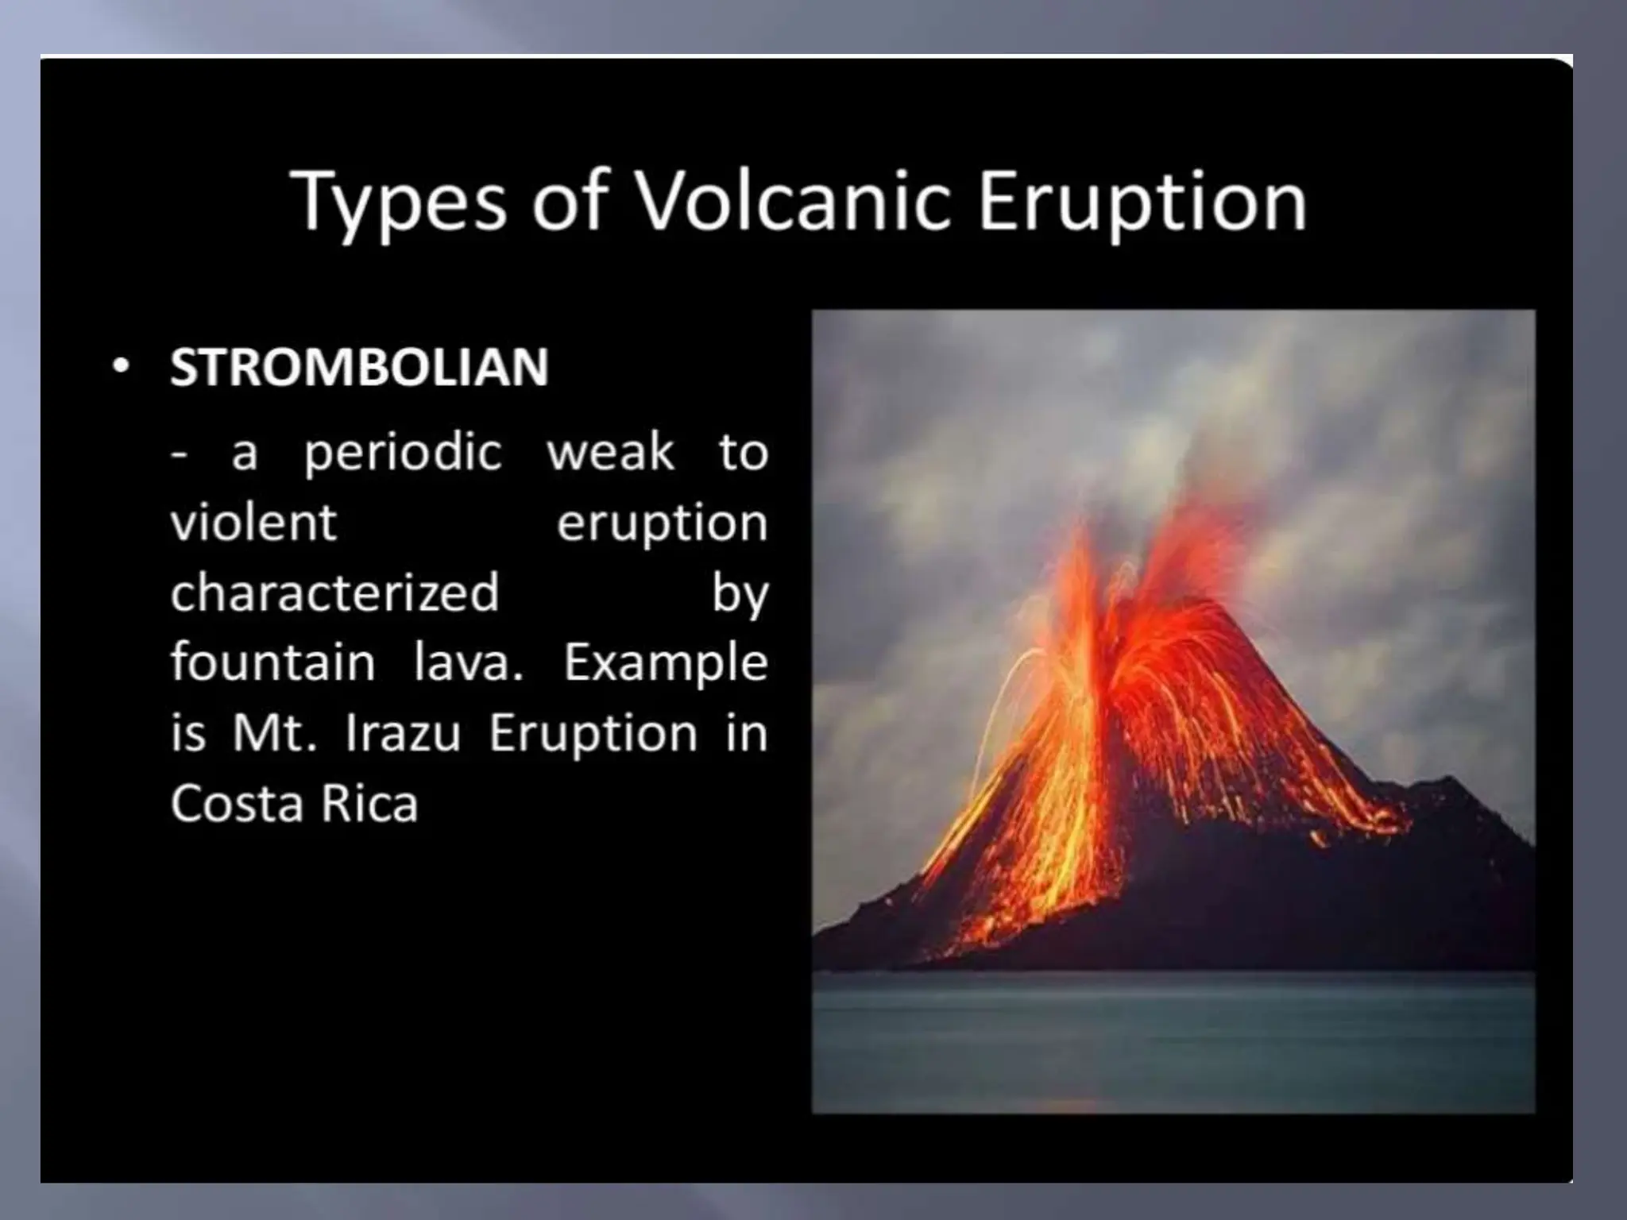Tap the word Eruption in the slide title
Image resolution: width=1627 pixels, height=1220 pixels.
tap(1142, 202)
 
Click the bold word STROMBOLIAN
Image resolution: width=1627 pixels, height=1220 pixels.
tap(359, 367)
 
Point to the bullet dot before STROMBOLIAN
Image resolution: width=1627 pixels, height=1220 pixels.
tap(120, 368)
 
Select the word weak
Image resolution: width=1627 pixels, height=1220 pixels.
tap(610, 452)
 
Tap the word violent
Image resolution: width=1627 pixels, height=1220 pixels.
tap(253, 523)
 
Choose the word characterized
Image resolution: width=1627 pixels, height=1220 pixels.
tap(334, 593)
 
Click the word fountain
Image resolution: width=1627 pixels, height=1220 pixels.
tap(272, 662)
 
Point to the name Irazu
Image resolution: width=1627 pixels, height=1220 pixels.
tap(403, 732)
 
